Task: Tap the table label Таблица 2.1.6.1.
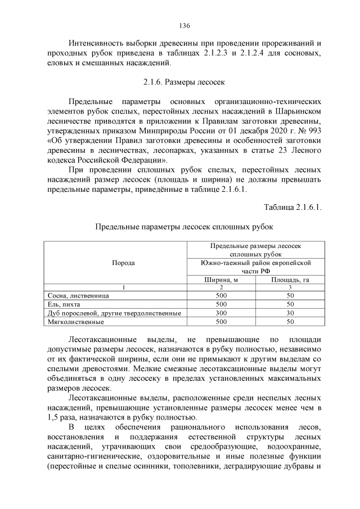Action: click(292, 208)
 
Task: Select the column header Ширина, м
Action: click(221, 280)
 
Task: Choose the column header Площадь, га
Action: click(290, 280)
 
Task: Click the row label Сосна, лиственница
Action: click(78, 295)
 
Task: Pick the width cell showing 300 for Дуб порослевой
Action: click(221, 313)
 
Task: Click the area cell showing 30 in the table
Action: click(290, 313)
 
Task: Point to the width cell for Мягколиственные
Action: click(221, 322)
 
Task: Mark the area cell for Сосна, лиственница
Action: click(290, 295)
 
